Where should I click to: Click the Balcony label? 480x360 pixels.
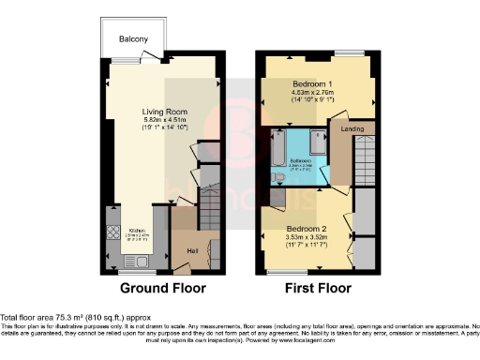pyautogui.click(x=134, y=38)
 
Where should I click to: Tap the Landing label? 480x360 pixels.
pyautogui.click(x=352, y=128)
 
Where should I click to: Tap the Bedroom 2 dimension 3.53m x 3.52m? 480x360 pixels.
pyautogui.click(x=307, y=238)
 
